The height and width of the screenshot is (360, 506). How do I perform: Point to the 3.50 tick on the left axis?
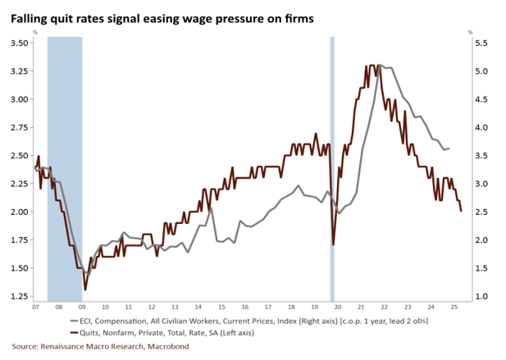click(x=18, y=43)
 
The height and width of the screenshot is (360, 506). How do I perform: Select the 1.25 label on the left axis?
click(x=18, y=295)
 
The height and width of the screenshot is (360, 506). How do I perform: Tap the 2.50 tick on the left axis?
click(x=18, y=155)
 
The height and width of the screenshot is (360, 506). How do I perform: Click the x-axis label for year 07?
click(x=35, y=308)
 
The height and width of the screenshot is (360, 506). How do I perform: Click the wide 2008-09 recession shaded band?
click(x=64, y=164)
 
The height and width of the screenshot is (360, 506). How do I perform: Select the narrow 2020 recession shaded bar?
click(x=332, y=164)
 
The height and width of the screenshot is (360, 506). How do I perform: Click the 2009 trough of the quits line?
click(x=84, y=289)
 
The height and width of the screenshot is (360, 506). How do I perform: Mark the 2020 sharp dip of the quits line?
click(x=334, y=244)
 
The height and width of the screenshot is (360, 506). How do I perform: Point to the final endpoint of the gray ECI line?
click(x=449, y=148)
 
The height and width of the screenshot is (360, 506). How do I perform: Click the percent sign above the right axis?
click(x=471, y=32)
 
